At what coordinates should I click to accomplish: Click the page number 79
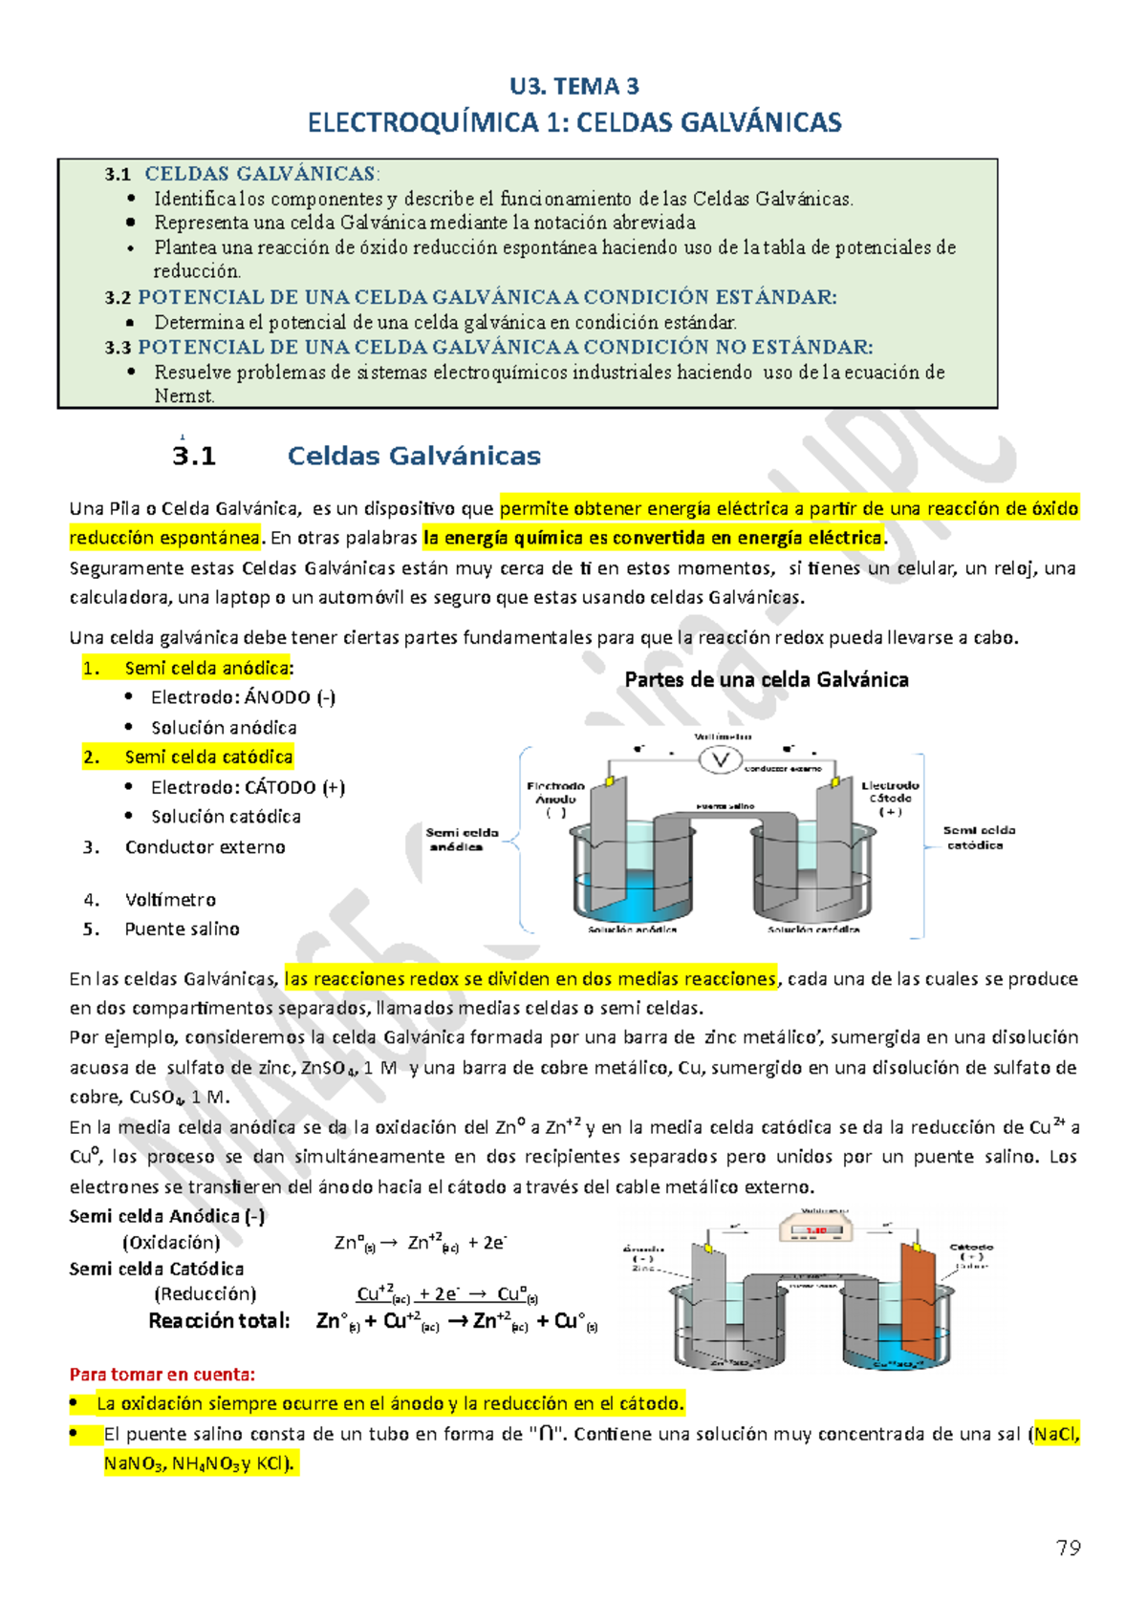tap(1068, 1547)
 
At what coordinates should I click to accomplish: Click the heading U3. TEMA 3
tap(573, 86)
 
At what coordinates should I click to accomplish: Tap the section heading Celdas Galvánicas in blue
tap(414, 456)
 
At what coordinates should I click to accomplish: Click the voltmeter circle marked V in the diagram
tap(721, 760)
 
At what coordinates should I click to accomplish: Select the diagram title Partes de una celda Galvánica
tap(766, 679)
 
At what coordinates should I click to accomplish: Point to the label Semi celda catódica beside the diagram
tap(978, 838)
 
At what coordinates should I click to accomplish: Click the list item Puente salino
tap(182, 928)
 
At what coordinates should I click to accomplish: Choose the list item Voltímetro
tap(170, 899)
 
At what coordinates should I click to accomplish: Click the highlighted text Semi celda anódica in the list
tap(206, 668)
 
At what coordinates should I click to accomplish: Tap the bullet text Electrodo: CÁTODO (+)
tap(248, 787)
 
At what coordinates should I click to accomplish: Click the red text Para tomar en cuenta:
tap(162, 1374)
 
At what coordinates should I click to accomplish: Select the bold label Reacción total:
tap(219, 1320)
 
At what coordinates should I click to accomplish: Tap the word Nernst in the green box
tap(184, 395)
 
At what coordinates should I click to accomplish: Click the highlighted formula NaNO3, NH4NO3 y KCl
tap(201, 1462)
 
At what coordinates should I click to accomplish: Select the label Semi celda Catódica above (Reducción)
tap(156, 1269)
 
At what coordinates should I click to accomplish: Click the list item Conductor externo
tap(205, 846)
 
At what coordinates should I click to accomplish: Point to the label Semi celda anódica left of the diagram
tap(461, 840)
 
